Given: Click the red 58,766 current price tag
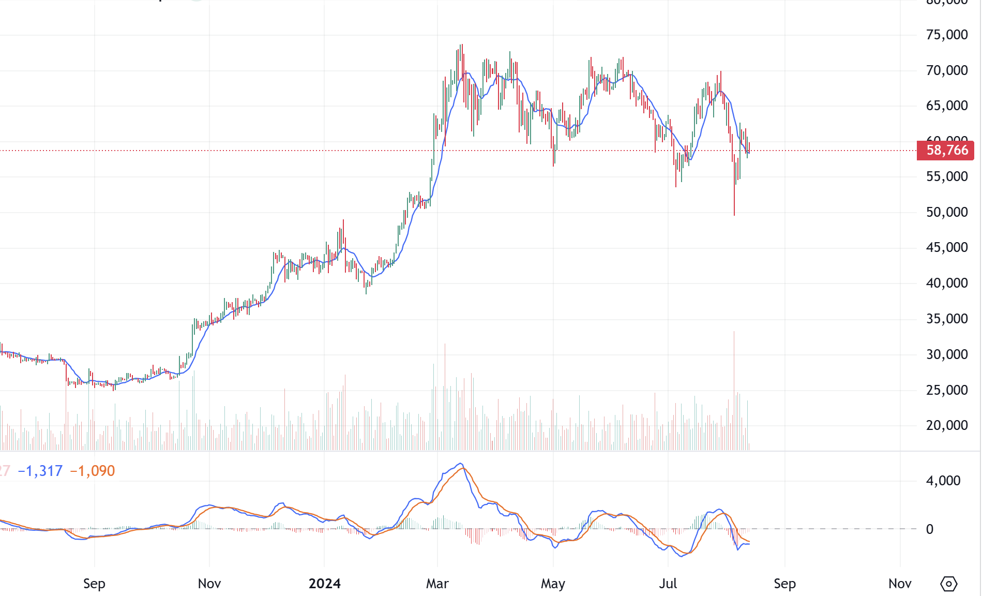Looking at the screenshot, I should click(946, 151).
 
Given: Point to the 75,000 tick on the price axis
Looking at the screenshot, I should click(947, 35).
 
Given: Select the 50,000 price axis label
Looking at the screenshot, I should click(947, 212).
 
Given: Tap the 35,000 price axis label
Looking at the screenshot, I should click(947, 319).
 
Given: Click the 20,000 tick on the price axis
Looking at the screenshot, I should click(947, 425).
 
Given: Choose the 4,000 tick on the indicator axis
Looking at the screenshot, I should click(943, 481).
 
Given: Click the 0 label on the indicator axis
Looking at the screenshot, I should click(929, 529).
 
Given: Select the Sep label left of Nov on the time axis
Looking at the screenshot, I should click(94, 584).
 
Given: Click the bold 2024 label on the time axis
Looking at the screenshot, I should click(324, 584).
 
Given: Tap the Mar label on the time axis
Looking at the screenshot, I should click(437, 584).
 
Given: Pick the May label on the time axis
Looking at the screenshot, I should click(553, 584).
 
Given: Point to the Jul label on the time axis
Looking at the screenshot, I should click(668, 584).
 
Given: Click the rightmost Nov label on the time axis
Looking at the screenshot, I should click(899, 584).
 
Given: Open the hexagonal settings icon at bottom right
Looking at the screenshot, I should click(948, 584).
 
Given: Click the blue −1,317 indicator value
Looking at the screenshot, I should click(40, 471).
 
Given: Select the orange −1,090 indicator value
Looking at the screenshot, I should click(93, 471).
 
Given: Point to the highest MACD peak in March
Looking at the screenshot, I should click(460, 464).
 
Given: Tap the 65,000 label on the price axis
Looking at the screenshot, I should click(947, 106).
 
